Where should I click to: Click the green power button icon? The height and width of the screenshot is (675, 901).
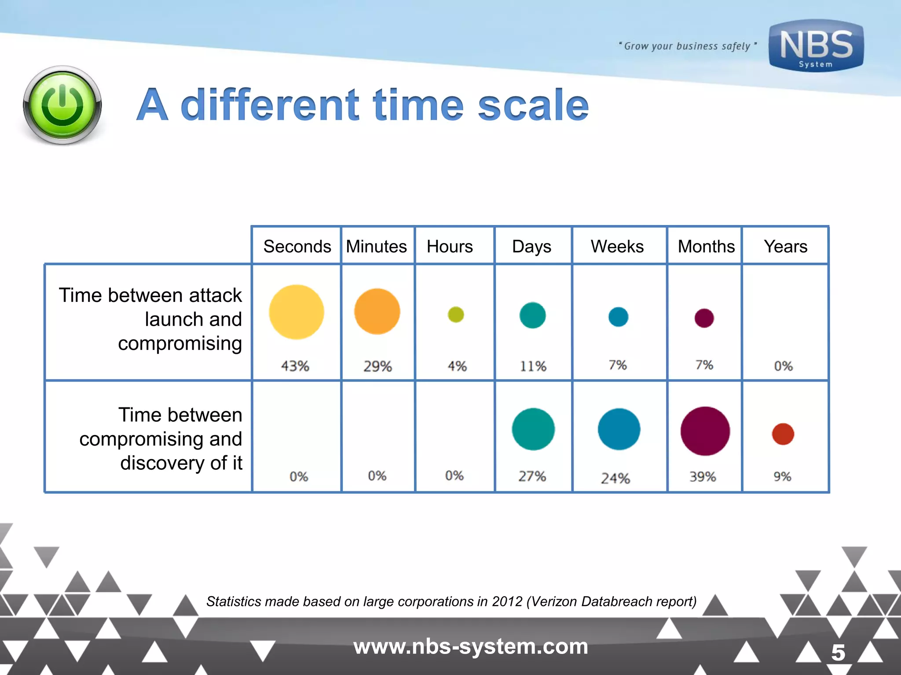click(x=62, y=105)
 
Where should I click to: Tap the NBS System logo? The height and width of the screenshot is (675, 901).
click(x=816, y=46)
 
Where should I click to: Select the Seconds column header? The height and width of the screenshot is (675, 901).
click(x=297, y=247)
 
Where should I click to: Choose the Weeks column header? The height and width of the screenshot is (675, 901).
click(x=617, y=247)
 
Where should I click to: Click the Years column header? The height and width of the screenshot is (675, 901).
click(x=785, y=247)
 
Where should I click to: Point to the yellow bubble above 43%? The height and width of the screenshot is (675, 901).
click(x=297, y=312)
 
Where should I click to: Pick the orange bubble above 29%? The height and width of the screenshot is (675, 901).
click(x=377, y=312)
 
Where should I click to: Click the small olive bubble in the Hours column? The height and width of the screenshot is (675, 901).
click(x=456, y=315)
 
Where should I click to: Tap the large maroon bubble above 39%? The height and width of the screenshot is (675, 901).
click(x=705, y=431)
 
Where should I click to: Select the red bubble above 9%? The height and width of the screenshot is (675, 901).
click(x=783, y=434)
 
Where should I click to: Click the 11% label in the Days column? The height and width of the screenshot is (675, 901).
click(x=533, y=366)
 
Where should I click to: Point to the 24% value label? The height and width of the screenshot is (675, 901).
click(x=615, y=478)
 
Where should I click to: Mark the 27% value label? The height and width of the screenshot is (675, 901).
click(x=532, y=476)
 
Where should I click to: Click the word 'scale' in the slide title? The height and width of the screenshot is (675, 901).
click(x=533, y=105)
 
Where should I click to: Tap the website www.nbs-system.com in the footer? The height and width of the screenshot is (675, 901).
click(x=471, y=646)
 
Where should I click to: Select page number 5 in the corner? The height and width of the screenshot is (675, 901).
click(x=838, y=653)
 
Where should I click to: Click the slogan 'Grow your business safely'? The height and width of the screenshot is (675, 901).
click(x=687, y=46)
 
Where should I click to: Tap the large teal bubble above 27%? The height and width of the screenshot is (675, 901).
click(x=533, y=429)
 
